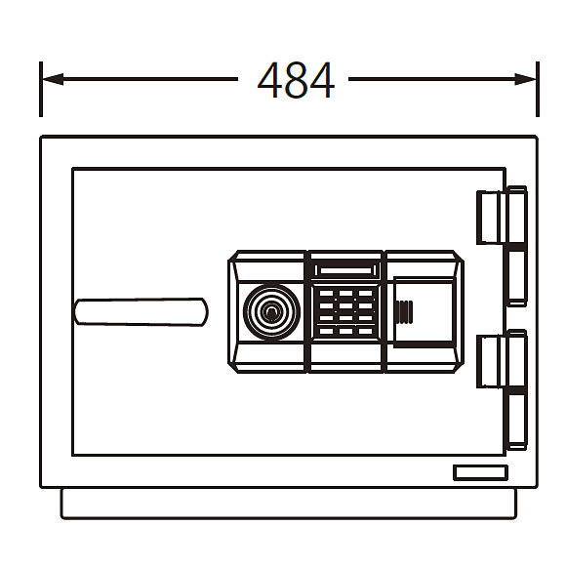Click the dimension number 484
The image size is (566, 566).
(x=296, y=80)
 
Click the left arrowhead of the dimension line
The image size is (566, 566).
(x=53, y=79)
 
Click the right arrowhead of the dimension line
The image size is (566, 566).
(x=526, y=79)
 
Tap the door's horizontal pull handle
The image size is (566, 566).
(x=141, y=312)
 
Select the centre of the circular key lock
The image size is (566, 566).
(x=272, y=312)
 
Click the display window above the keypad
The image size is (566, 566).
(x=345, y=270)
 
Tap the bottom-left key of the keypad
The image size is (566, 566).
(x=326, y=331)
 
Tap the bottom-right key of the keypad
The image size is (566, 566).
(x=365, y=331)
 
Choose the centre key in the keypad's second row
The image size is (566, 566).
(x=345, y=305)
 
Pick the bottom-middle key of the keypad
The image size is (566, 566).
(x=345, y=331)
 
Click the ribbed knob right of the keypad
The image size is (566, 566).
(x=405, y=312)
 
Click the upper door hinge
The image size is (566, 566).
(x=503, y=246)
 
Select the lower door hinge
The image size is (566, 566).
(x=503, y=389)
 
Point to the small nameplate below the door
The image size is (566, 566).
(x=480, y=473)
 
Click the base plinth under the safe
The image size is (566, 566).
(x=289, y=504)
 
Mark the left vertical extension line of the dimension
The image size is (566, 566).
(x=41, y=89)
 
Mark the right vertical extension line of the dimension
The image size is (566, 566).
(x=538, y=89)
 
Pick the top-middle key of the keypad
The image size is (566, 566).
(x=345, y=293)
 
